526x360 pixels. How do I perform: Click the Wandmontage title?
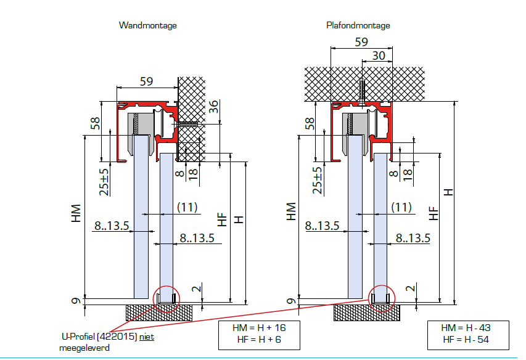pyautogui.click(x=147, y=25)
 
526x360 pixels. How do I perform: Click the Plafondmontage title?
pyautogui.click(x=358, y=25)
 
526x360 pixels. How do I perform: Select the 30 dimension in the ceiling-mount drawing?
pyautogui.click(x=379, y=55)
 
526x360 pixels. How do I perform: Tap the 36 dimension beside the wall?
pyautogui.click(x=213, y=107)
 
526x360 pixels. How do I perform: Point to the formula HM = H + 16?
pyautogui.click(x=259, y=327)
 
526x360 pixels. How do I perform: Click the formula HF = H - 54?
pyautogui.click(x=466, y=340)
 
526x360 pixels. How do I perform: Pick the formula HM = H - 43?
pyautogui.click(x=466, y=327)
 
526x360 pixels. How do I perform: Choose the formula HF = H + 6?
pyautogui.click(x=259, y=340)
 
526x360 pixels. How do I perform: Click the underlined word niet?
pyautogui.click(x=147, y=337)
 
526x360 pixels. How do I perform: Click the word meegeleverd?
pyautogui.click(x=84, y=348)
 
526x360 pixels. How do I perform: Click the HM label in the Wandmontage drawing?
pyautogui.click(x=76, y=213)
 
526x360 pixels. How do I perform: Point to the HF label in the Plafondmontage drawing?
pyautogui.click(x=434, y=213)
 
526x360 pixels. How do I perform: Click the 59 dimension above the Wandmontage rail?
pyautogui.click(x=146, y=81)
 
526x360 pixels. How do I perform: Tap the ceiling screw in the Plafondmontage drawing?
pyautogui.click(x=361, y=92)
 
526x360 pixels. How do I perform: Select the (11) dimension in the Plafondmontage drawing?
pyautogui.click(x=401, y=207)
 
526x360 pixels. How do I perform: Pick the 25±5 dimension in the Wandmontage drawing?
pyautogui.click(x=104, y=182)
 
